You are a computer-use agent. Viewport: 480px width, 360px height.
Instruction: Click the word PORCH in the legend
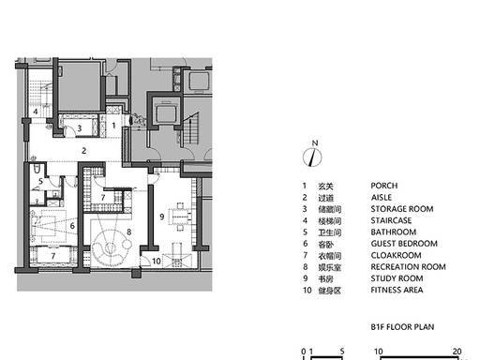[x=384, y=186]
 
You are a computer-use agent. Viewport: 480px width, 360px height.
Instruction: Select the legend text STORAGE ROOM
[x=402, y=209]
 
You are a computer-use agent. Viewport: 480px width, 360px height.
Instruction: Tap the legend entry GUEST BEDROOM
[x=404, y=244]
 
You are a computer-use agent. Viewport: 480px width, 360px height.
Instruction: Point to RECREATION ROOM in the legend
[x=408, y=267]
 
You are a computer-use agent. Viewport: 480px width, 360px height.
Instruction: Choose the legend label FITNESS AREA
[x=397, y=290]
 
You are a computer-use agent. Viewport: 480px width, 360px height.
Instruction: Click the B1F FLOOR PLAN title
[x=402, y=327]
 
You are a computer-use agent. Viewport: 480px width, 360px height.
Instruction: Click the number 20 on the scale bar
[x=457, y=352]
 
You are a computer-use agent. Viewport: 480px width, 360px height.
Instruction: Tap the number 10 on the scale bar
[x=379, y=352]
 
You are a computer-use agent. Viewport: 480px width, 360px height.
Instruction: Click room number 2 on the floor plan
[x=83, y=151]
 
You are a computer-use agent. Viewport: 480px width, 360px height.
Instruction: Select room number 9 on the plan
[x=162, y=217]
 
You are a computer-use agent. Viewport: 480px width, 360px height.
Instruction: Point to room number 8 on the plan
[x=129, y=232]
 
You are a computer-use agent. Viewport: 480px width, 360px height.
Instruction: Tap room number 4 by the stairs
[x=36, y=112]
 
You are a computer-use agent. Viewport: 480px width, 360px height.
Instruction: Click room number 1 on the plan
[x=113, y=126]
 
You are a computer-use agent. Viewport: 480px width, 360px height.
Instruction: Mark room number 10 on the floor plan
[x=157, y=261]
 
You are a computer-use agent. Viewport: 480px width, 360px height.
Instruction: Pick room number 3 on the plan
[x=80, y=127]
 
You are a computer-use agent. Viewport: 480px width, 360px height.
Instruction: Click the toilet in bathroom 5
[x=37, y=168]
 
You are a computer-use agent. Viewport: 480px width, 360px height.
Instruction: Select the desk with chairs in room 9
[x=180, y=216]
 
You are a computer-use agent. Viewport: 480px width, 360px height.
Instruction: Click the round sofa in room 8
[x=110, y=247]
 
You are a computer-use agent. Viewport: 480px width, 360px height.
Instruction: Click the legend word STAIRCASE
[x=391, y=220]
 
